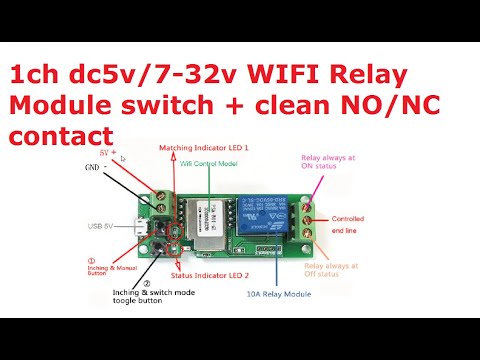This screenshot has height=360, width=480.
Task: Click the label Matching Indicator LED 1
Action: point(206,146)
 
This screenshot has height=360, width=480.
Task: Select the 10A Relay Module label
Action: point(292,294)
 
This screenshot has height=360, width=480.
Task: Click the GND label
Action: point(93,168)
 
